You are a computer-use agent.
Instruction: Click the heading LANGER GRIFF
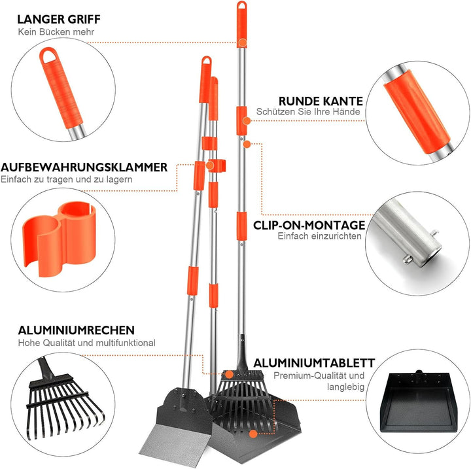tap(59, 19)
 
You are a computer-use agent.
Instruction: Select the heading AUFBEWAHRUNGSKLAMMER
tap(84, 167)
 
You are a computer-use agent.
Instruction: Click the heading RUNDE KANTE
tap(321, 101)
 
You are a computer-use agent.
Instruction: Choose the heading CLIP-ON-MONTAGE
tap(309, 224)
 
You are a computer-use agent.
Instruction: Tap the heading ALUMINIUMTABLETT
tap(314, 362)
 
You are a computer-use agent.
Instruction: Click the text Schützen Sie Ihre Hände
tap(309, 113)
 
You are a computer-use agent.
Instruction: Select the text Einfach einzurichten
tap(319, 236)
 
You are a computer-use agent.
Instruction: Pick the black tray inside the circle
tap(418, 401)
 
